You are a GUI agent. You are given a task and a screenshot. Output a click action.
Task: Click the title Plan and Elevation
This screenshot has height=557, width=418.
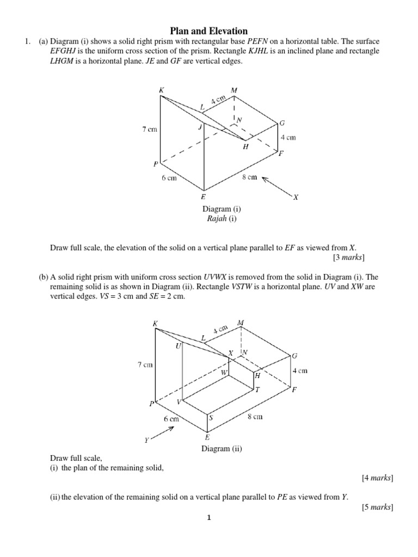[x=209, y=31]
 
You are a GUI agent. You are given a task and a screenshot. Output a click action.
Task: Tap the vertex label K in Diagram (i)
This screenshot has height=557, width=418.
[x=162, y=90]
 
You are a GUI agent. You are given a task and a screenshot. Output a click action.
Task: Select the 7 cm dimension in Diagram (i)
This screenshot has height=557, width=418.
[x=150, y=129]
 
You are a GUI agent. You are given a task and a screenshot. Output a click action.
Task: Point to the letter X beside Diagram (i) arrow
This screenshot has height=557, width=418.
[x=296, y=197]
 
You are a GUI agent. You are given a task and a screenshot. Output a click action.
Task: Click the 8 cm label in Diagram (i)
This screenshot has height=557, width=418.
[x=249, y=177]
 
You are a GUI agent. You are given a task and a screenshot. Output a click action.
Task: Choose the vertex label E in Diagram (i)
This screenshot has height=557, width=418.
[x=203, y=197]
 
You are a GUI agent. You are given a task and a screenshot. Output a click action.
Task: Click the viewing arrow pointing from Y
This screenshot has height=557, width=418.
[x=163, y=433]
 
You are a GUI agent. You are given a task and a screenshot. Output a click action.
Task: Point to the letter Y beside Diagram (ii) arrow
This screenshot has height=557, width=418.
[x=146, y=440]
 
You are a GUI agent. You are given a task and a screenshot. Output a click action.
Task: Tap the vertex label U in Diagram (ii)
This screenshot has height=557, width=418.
[x=177, y=346]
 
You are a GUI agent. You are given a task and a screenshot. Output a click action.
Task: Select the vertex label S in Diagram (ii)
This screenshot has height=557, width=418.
[x=211, y=418]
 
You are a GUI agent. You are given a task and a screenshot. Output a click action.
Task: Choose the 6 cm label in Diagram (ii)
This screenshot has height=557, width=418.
[x=171, y=419]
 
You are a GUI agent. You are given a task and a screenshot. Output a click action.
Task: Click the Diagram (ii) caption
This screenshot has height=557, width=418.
[x=222, y=449]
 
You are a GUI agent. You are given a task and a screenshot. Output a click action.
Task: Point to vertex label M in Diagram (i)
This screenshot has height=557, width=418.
[x=234, y=90]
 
